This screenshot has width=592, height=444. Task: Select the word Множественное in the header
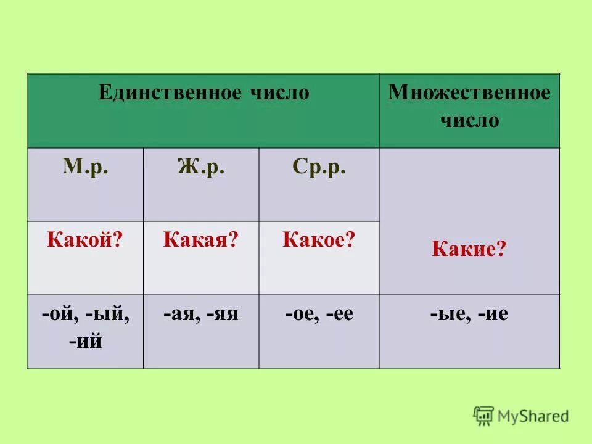point(469,93)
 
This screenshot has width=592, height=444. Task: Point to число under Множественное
point(469,120)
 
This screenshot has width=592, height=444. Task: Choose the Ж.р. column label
point(201,168)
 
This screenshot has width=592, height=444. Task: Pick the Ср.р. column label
point(319,168)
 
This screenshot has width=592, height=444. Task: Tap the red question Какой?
point(84,240)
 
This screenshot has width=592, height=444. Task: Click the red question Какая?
point(200,240)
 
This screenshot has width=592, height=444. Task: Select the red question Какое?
point(319,240)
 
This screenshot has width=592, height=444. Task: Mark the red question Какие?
point(469,250)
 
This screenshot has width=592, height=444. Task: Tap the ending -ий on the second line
point(85,340)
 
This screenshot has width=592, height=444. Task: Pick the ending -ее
point(340,314)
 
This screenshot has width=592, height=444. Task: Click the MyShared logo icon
point(484,416)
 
